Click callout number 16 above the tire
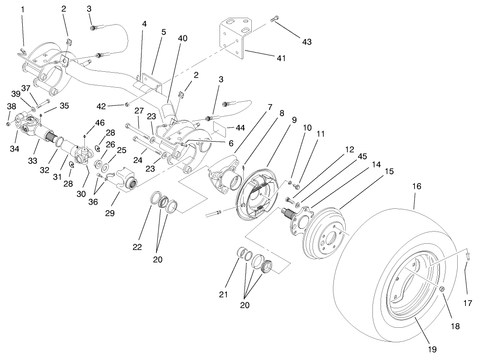point(416,186)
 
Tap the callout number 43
point(307,41)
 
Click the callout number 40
point(182,39)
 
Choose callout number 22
point(137,247)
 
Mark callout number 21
point(223,295)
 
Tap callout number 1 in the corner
point(23,9)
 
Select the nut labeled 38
point(9,123)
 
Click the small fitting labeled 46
point(85,135)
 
